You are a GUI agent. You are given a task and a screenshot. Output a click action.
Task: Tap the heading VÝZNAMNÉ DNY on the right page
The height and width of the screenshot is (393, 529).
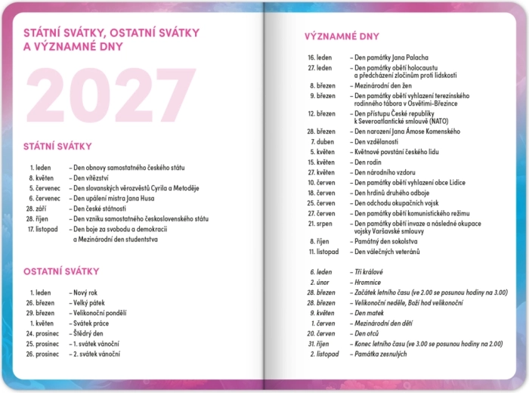point(342,36)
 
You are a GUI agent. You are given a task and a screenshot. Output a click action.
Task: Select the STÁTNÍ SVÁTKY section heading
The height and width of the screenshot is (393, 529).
point(57,146)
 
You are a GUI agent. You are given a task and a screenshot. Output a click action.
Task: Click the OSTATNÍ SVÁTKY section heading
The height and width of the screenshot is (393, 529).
point(61,271)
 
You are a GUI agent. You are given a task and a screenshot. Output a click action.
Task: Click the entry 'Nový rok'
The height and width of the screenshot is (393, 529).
point(86,292)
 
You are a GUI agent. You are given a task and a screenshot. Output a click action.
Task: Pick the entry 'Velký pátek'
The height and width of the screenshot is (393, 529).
point(89,302)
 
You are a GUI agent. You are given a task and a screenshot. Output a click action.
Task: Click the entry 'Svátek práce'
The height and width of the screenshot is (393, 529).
point(91,323)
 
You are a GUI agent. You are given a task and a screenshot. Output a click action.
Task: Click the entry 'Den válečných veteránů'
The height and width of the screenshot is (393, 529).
point(387,251)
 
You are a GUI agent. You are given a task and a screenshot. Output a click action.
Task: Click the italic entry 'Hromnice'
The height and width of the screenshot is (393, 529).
point(368,282)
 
